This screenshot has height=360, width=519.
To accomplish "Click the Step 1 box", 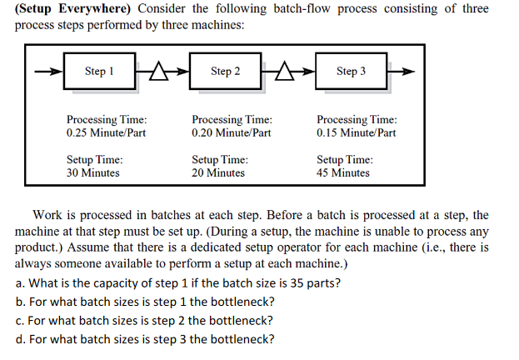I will pos(99,72).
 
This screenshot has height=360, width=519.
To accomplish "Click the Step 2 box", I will pos(224,72).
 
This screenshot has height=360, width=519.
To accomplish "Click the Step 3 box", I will pos(350,72).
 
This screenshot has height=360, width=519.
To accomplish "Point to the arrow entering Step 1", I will pos(48,72).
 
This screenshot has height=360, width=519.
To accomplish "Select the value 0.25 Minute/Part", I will pos(106,132).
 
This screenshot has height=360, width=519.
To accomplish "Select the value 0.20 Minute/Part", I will pos(231,132).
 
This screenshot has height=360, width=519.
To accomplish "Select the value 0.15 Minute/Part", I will pos(357,132).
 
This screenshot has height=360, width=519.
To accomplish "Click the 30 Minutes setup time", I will pos(92,173).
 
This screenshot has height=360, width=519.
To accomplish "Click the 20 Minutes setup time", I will pos(218,173).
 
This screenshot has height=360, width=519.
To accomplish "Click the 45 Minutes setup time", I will pos(343,173).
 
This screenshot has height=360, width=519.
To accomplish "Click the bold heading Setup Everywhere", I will pos(72,9).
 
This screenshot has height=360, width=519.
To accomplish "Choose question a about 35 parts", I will pos(178,282).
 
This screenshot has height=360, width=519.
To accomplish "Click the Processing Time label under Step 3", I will pos(357,120).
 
